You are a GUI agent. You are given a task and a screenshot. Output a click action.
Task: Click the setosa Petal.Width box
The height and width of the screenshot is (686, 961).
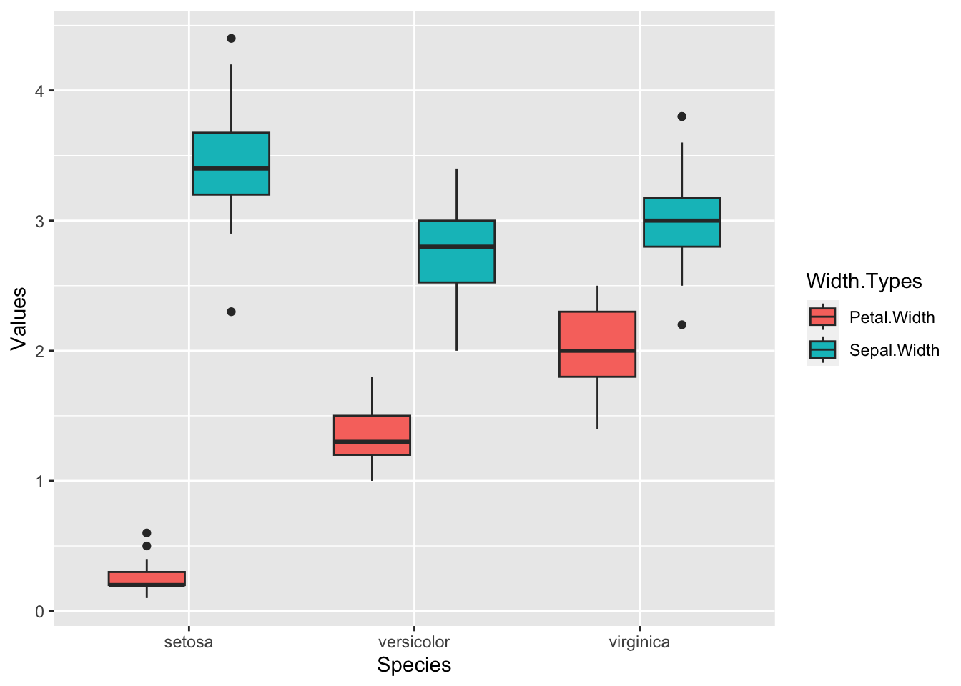[x=147, y=579]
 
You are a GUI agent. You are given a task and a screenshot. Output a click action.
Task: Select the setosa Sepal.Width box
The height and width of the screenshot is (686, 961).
[x=231, y=163]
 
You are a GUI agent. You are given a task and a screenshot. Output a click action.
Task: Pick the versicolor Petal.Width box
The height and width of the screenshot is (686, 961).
[x=372, y=434]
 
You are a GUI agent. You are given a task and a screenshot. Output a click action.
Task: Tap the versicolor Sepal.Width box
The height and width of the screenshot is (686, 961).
[x=456, y=252]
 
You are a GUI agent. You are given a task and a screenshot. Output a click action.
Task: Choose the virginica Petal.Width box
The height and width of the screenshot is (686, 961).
[x=597, y=344]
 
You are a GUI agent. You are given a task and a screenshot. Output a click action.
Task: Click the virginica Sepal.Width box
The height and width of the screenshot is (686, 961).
[x=681, y=222]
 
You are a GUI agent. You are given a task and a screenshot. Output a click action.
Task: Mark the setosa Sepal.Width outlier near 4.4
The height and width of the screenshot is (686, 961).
[x=231, y=39]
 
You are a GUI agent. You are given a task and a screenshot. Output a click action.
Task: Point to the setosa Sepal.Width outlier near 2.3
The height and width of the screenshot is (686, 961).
[x=231, y=312]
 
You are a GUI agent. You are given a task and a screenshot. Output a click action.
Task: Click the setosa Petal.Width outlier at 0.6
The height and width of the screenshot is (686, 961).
[x=147, y=533]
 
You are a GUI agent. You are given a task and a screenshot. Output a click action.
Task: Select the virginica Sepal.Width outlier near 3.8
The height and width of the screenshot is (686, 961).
[x=681, y=116]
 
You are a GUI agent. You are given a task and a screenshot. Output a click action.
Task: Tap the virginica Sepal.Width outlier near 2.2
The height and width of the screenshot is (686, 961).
[x=681, y=324]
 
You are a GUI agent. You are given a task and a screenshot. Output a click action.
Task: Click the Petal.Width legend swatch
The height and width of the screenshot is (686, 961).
[x=822, y=317]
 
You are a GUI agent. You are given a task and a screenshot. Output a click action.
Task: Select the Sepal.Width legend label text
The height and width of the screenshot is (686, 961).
[x=894, y=350]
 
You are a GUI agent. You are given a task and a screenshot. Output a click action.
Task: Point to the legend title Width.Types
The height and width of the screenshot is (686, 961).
[x=864, y=281]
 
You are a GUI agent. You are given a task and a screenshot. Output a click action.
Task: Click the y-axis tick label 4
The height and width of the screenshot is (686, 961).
[x=40, y=91]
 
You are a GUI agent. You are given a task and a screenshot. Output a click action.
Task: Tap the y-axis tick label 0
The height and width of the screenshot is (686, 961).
[x=40, y=611]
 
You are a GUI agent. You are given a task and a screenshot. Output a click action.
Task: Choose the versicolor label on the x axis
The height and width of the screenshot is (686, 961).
[x=414, y=642]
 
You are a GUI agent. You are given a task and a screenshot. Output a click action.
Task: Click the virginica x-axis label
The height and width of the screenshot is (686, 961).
[x=639, y=642]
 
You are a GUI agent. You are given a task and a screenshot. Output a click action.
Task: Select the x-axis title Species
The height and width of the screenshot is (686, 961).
[x=414, y=665]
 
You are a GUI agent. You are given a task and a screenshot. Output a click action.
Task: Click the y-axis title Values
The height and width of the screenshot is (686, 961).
[x=19, y=319]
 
